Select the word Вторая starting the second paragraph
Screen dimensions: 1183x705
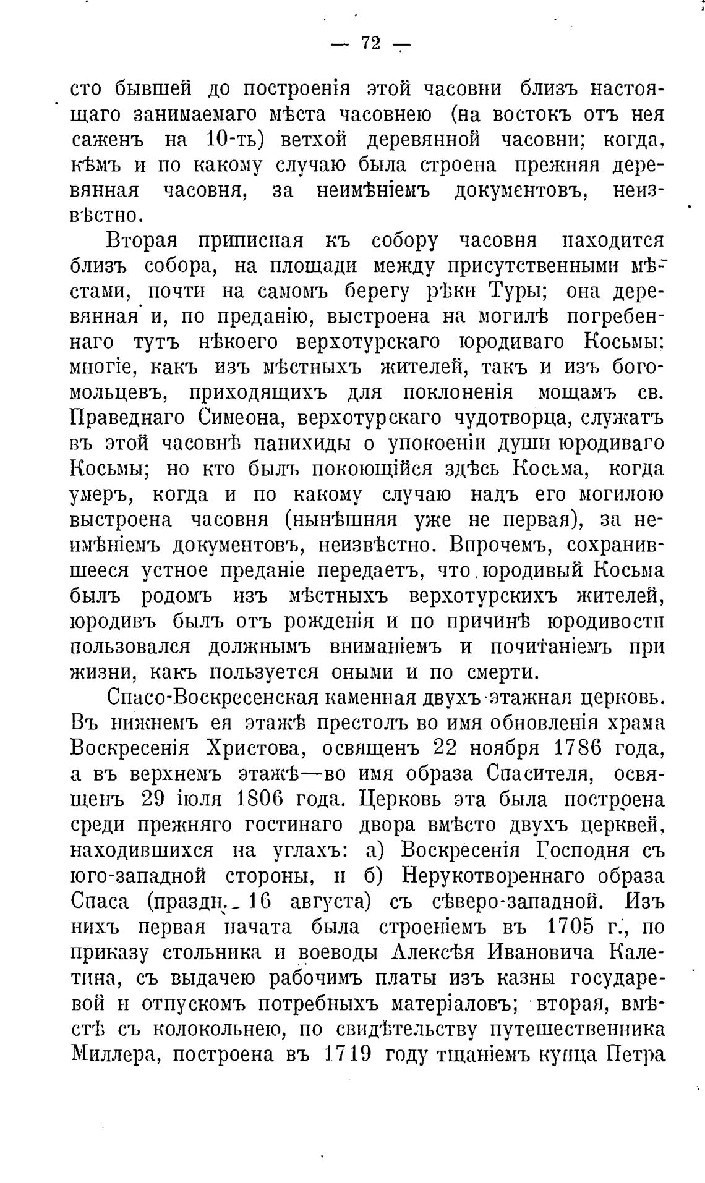[142, 240]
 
